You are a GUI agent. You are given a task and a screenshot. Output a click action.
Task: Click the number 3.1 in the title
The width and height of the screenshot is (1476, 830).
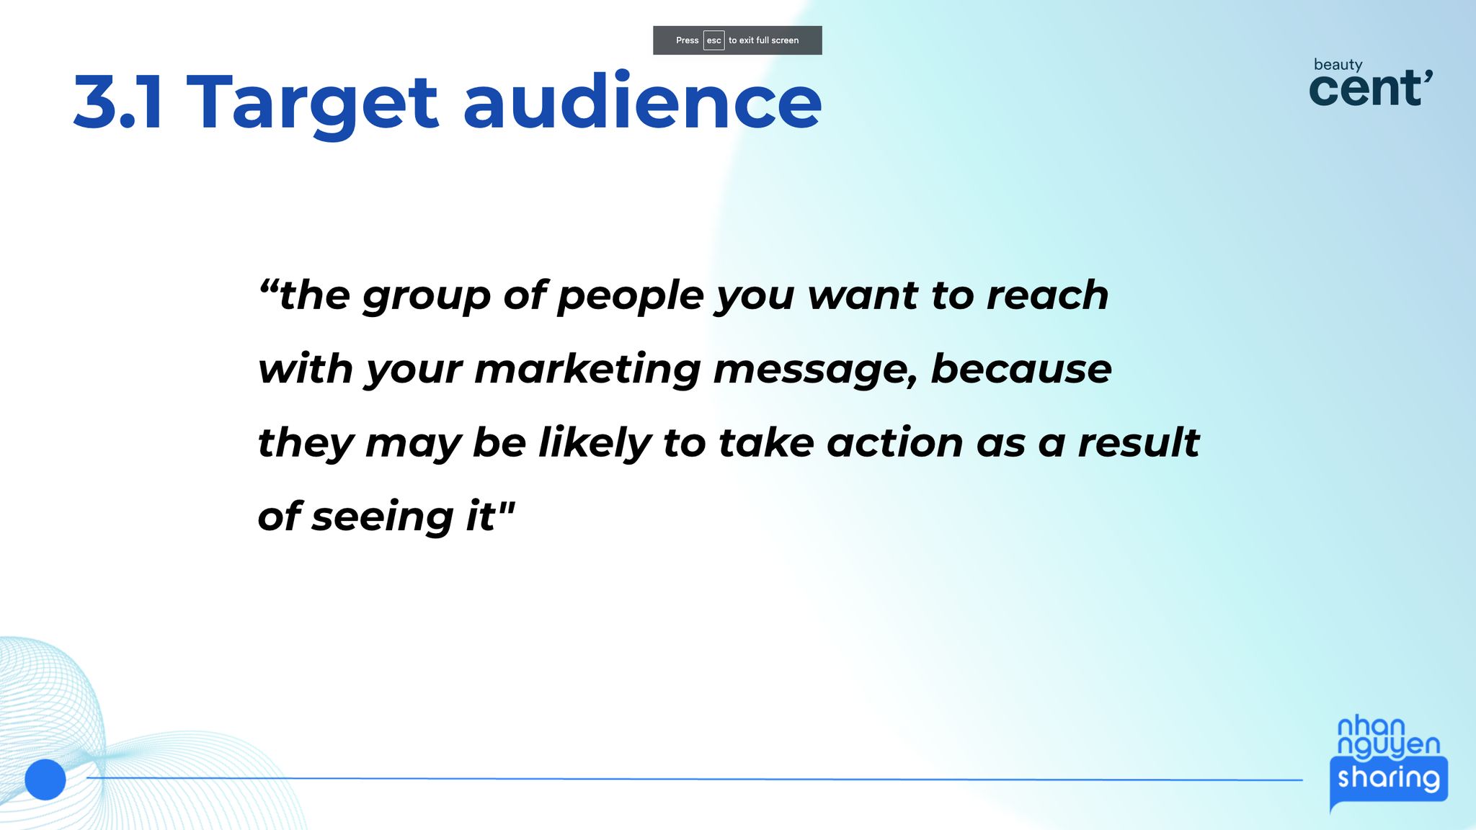[118, 102]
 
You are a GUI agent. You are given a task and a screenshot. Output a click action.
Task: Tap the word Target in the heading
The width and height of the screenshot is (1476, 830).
[312, 104]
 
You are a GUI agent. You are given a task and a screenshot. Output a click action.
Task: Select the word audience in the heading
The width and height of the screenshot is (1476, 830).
[642, 100]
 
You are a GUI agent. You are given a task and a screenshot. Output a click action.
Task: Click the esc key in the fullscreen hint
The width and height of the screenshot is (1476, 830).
[713, 40]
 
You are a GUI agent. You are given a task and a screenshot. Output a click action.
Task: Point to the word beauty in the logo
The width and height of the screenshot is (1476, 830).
[1338, 65]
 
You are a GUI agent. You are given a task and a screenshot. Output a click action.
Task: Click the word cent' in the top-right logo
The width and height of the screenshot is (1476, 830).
[1370, 89]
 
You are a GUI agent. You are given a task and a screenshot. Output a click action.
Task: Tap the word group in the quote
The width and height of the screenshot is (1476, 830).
[426, 297]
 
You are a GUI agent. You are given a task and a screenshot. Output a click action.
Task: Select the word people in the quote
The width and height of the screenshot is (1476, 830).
[630, 297]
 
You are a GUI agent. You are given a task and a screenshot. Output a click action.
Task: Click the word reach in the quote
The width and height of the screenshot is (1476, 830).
[1047, 295]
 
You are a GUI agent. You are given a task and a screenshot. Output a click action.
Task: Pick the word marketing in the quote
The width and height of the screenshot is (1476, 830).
[587, 370]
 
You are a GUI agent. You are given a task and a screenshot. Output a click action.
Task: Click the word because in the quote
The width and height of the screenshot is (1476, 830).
[1021, 369]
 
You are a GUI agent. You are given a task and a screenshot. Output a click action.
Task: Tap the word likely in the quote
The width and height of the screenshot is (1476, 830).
[595, 444]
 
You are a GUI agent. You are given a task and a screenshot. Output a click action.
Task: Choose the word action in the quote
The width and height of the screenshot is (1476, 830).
[894, 442]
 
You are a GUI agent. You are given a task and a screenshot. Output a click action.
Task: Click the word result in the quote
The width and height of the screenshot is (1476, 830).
[1139, 442]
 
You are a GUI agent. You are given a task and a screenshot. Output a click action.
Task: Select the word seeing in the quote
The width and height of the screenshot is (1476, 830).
[383, 518]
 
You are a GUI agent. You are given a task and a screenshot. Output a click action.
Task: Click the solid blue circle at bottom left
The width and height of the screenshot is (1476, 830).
[45, 780]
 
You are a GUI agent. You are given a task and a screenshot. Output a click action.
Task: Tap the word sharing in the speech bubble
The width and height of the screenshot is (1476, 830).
[1389, 778]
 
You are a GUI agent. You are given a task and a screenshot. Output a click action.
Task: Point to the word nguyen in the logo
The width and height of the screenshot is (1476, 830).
[1388, 746]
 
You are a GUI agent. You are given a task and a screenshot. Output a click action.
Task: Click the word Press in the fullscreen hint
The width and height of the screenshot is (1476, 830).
[687, 40]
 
